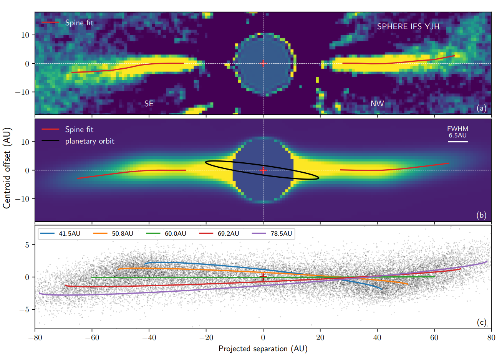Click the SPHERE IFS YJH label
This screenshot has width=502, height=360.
(408, 26)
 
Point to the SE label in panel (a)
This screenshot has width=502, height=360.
(149, 104)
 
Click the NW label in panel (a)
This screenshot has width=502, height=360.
(377, 104)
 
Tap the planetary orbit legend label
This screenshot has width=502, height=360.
(89, 141)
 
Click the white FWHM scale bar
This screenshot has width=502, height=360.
(457, 142)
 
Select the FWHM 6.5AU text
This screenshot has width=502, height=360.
(457, 132)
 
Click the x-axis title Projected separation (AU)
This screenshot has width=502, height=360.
(263, 348)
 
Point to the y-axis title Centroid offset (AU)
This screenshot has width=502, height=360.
(7, 168)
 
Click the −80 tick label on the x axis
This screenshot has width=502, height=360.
(35, 338)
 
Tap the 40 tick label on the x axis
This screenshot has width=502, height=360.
(377, 338)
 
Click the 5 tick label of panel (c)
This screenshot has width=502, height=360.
(27, 245)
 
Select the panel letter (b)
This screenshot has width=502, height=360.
(481, 215)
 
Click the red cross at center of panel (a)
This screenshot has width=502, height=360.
(263, 63)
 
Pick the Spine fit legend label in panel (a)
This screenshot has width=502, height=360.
(79, 23)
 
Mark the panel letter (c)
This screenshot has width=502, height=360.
(481, 322)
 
